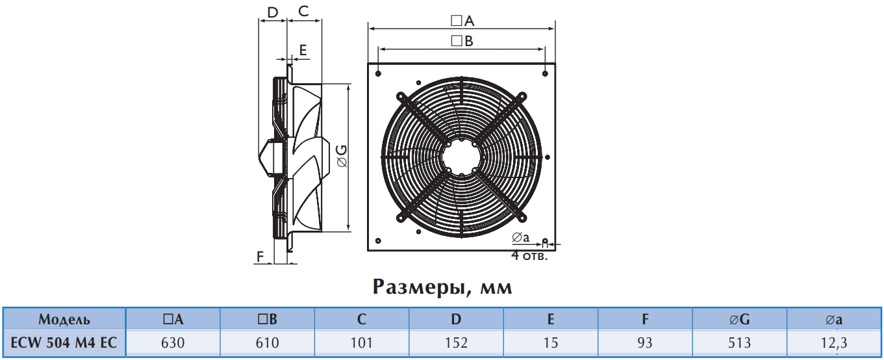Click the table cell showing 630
click(173, 342)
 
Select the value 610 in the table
click(267, 342)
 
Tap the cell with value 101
click(362, 342)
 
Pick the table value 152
click(456, 342)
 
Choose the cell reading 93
click(645, 342)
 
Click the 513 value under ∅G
click(739, 342)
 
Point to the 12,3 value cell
click(834, 343)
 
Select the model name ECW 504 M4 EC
click(64, 342)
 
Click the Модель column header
click(64, 319)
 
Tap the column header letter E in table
click(551, 319)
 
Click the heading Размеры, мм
click(442, 287)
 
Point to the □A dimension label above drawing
click(462, 21)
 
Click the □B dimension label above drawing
click(462, 41)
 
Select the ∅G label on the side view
click(342, 156)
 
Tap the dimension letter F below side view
click(260, 257)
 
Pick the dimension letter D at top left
click(272, 12)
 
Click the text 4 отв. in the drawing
click(529, 256)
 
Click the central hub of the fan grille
click(461, 157)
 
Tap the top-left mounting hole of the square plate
click(378, 74)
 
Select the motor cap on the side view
click(271, 157)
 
